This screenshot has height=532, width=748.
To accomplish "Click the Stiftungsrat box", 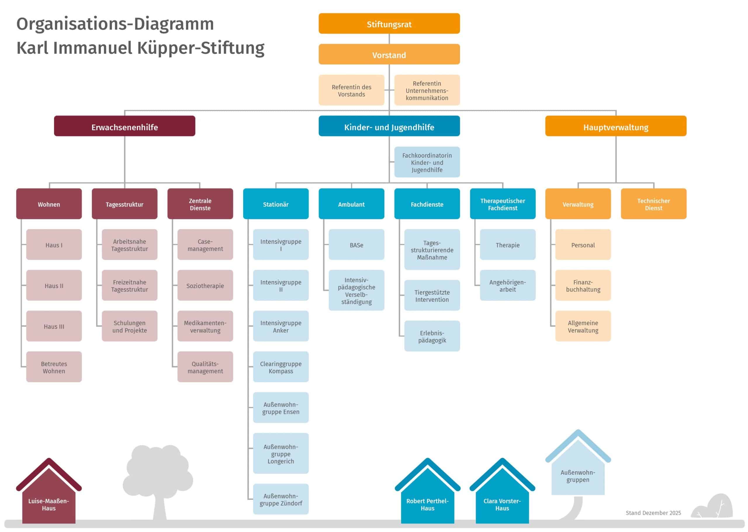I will pos(389,24).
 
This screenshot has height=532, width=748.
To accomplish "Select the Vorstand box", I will pos(389,54).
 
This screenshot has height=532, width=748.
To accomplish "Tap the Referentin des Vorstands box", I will pos(351,90).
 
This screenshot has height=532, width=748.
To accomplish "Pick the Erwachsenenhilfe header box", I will pos(124,126).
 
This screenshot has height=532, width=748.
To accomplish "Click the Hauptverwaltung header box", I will pos(616,126).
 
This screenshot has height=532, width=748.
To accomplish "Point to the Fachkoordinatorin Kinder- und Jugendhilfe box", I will pos(427,162).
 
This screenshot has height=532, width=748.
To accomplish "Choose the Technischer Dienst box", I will pos(653,204).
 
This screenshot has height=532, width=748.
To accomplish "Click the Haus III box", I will pos(54,326).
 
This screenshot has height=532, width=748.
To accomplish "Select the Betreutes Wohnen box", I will pos(54,367).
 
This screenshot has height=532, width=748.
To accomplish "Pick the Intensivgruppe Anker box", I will pos(281,326).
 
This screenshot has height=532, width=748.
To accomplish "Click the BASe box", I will pos(356,245).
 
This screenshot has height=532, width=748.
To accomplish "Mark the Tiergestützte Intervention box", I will pos(432,296).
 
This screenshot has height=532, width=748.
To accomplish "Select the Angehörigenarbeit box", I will pos(507,285).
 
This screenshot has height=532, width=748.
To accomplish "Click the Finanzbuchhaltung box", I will pos(583,285).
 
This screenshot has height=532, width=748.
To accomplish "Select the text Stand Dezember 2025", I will pos(653,513).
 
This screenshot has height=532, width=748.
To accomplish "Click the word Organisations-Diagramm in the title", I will pos(115,24).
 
